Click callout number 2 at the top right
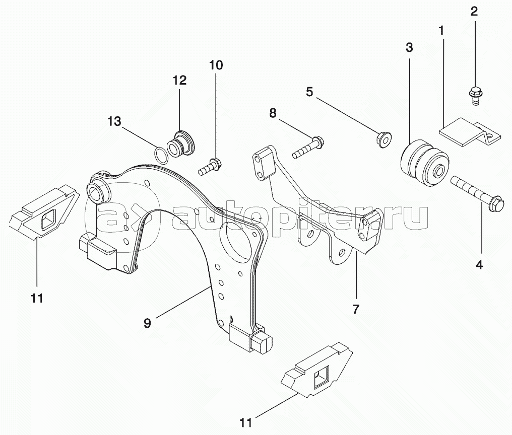[474, 12]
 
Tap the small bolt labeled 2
[474, 96]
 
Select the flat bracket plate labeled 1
[470, 133]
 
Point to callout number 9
[147, 323]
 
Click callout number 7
[356, 309]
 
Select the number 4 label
[479, 265]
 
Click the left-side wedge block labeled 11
[44, 212]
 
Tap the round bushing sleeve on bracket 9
[98, 189]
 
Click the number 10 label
[216, 65]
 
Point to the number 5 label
[309, 92]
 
